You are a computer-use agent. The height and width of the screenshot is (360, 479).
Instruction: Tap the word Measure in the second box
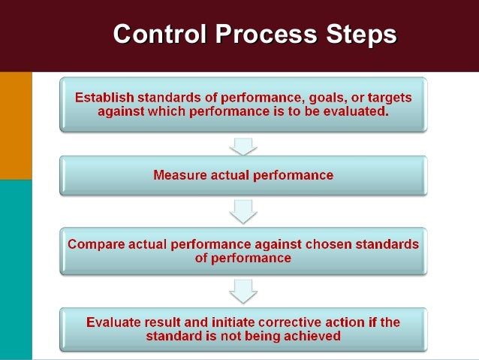tap(179, 175)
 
